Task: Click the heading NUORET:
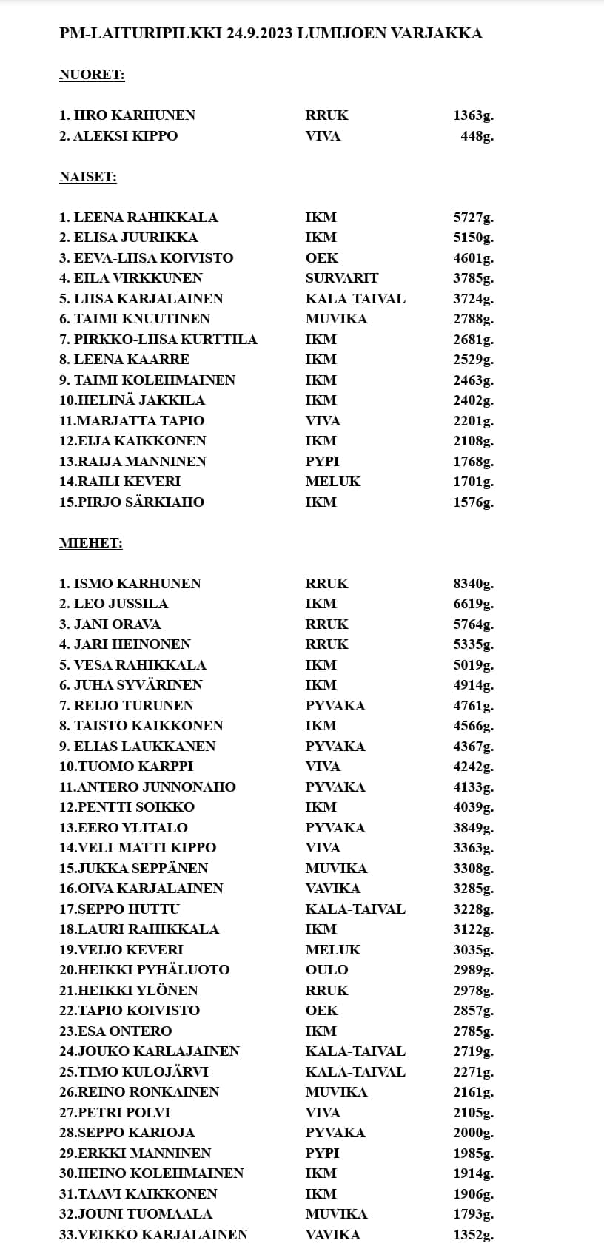92,75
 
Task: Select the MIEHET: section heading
90,543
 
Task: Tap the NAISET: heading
88,177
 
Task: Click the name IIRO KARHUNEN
134,115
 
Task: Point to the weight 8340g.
473,584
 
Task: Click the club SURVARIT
341,278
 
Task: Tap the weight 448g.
477,136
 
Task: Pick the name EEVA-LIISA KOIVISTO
153,258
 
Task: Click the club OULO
326,970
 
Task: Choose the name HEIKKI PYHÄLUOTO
153,970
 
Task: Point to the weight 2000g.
473,1133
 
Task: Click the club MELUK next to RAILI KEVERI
332,482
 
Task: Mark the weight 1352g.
473,1235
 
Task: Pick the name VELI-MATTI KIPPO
147,848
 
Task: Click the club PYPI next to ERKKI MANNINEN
322,1154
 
